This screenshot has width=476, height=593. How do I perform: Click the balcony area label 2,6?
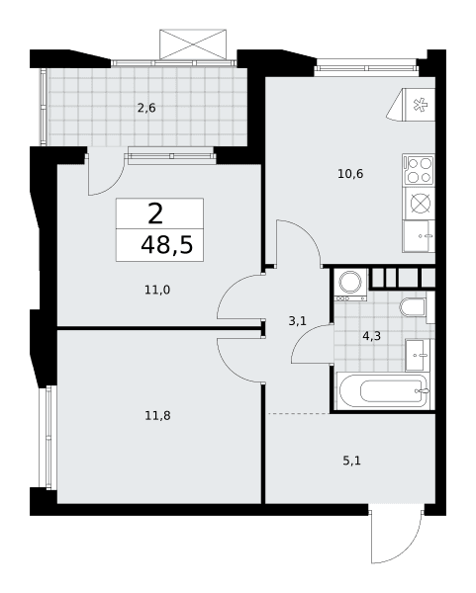[146, 109]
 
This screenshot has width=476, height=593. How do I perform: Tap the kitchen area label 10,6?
[350, 174]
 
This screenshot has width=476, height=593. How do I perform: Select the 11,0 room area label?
[157, 290]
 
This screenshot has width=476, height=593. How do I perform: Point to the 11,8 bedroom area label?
[157, 416]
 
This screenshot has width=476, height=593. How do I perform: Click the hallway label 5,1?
[351, 461]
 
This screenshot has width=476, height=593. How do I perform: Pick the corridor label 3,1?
[297, 321]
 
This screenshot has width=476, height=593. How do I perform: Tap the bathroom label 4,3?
[371, 336]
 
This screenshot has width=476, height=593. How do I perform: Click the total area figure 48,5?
[167, 245]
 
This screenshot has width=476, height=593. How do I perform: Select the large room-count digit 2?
[155, 213]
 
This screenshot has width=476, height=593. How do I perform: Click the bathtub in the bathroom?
[384, 390]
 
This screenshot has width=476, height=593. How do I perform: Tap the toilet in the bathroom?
[414, 306]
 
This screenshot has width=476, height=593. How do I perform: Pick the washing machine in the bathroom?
[350, 286]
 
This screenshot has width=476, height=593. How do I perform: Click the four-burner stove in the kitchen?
[419, 170]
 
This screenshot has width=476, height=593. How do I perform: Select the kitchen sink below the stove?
[419, 236]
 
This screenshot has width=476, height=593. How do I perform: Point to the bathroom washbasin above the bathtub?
[418, 356]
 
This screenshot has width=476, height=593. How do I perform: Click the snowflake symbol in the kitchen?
[420, 105]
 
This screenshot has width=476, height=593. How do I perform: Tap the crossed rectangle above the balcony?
[193, 44]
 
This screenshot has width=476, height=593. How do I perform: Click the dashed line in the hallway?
[299, 414]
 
